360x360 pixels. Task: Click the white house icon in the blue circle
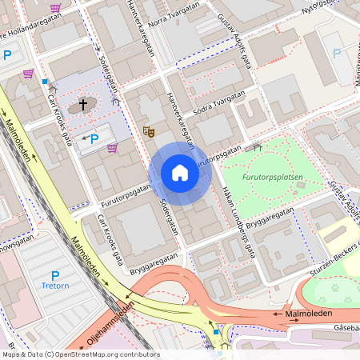coord(180,173)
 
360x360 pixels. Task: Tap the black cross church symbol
coord(82,106)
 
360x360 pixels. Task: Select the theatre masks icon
coord(148,130)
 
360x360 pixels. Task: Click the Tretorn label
coord(57,284)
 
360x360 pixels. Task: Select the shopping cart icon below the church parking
coord(112,148)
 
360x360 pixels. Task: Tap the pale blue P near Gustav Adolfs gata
coord(336,54)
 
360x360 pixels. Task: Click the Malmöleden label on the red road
coord(307,314)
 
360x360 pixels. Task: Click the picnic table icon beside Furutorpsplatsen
coord(257,147)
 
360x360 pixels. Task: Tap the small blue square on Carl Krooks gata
coord(46,82)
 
